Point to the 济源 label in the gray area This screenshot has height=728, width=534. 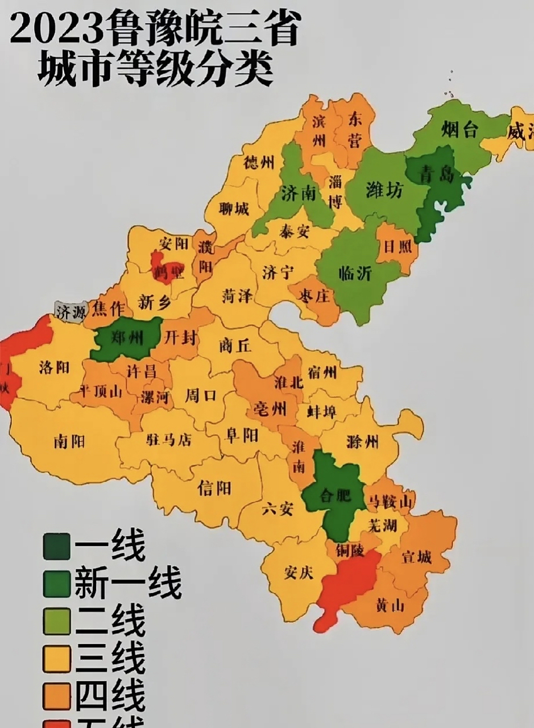point(70,311)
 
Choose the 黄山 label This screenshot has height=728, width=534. point(390,606)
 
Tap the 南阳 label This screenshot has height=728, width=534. point(69,441)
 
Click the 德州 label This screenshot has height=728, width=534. point(258,164)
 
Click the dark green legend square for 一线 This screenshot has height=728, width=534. point(56,547)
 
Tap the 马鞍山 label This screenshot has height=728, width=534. point(390,501)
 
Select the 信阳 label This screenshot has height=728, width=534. point(214,487)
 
